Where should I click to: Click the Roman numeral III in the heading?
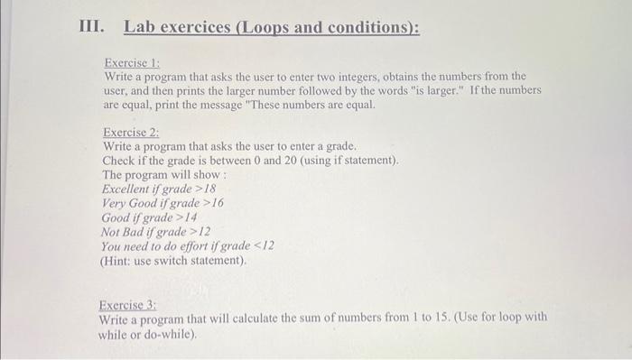coord(89,27)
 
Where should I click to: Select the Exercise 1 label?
coord(132,63)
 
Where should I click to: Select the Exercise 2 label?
coord(132,133)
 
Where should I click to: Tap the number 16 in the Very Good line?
coord(217,203)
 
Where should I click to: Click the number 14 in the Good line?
coord(191,217)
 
